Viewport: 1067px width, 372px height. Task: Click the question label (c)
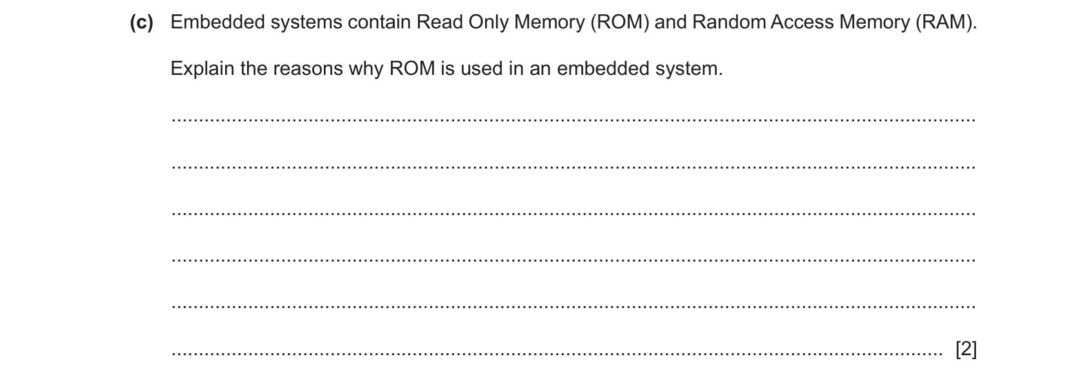coord(141,23)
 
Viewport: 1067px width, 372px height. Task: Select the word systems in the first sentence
coord(306,23)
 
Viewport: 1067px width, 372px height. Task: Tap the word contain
coord(379,23)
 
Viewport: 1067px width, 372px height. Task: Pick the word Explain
coord(203,68)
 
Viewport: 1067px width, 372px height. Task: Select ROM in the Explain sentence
coord(412,68)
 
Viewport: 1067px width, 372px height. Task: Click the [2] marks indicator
coord(966,349)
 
